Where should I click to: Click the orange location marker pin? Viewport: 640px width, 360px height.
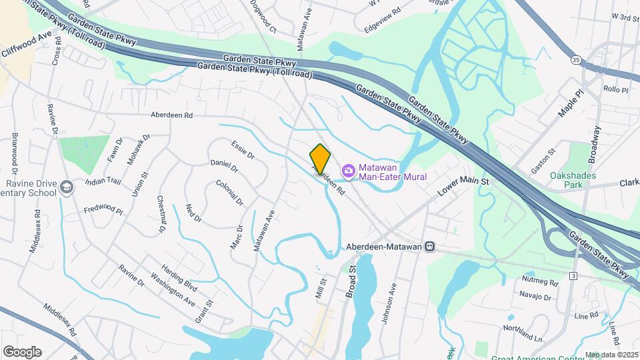coord(320,159)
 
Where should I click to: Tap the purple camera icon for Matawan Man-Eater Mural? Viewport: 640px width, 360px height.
coord(347,172)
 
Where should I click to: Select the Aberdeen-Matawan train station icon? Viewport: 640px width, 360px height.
coord(430,246)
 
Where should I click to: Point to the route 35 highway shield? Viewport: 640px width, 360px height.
coord(575,60)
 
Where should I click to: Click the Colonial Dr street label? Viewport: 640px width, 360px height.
coord(230,192)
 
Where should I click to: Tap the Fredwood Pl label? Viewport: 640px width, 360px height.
coord(103,211)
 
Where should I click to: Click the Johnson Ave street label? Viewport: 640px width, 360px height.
coord(389,303)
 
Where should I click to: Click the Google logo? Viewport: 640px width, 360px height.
coord(22,351)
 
